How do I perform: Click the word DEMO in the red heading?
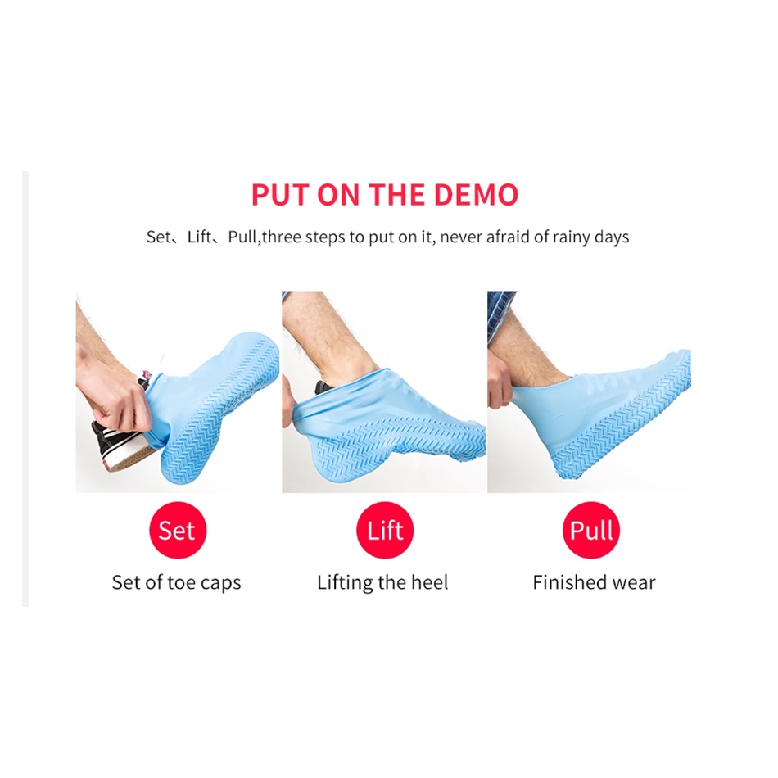coord(477,194)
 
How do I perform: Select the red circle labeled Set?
coord(178,530)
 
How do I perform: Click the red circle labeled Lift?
coord(385,530)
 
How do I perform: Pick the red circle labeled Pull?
coord(591,530)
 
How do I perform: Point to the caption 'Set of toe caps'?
coord(176,582)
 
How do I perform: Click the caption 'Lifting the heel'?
coord(382,582)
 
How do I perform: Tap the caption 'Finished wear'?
coord(594,582)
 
